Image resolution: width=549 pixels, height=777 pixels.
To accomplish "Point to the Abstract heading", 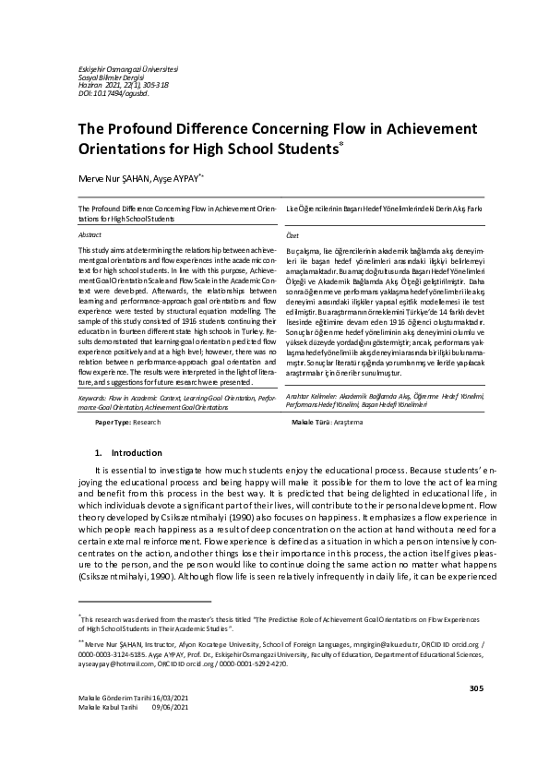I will point(90,236).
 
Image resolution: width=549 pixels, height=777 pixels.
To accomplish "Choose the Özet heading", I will point(293,236).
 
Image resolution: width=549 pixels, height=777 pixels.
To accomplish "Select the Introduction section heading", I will point(136,453).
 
